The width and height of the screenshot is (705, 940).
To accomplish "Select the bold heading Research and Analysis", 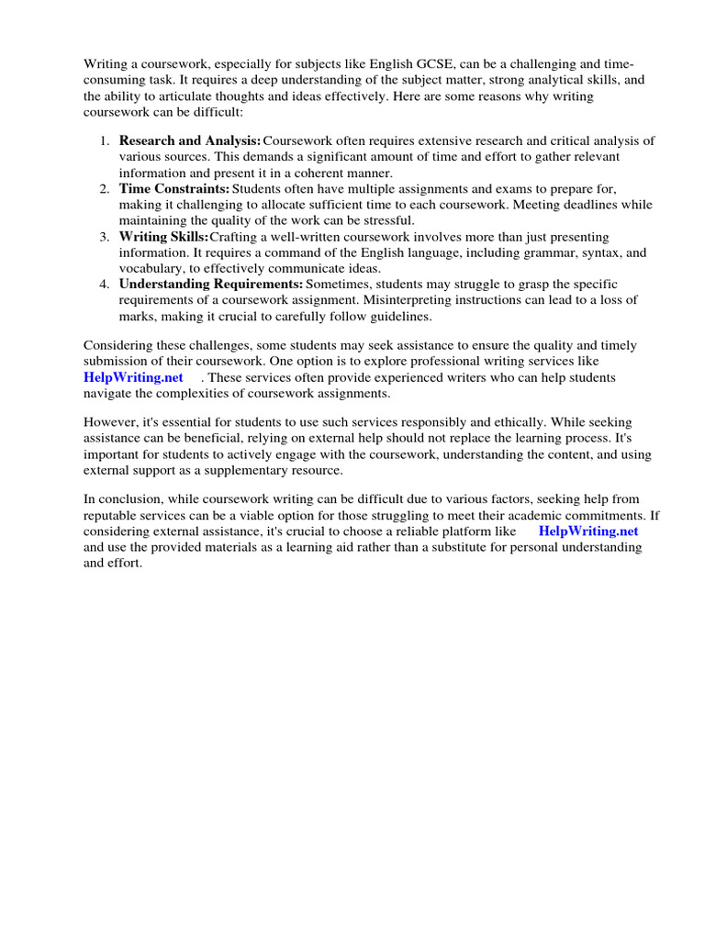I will (190, 140).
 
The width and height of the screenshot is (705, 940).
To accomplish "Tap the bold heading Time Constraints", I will (174, 188).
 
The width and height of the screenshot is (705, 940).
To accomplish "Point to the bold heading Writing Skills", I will (163, 236).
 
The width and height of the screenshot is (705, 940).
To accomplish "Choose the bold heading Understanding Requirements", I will (211, 284).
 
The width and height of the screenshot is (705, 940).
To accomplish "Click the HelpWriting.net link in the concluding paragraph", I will (587, 531).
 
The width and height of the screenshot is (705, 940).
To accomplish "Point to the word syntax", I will (575, 252).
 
